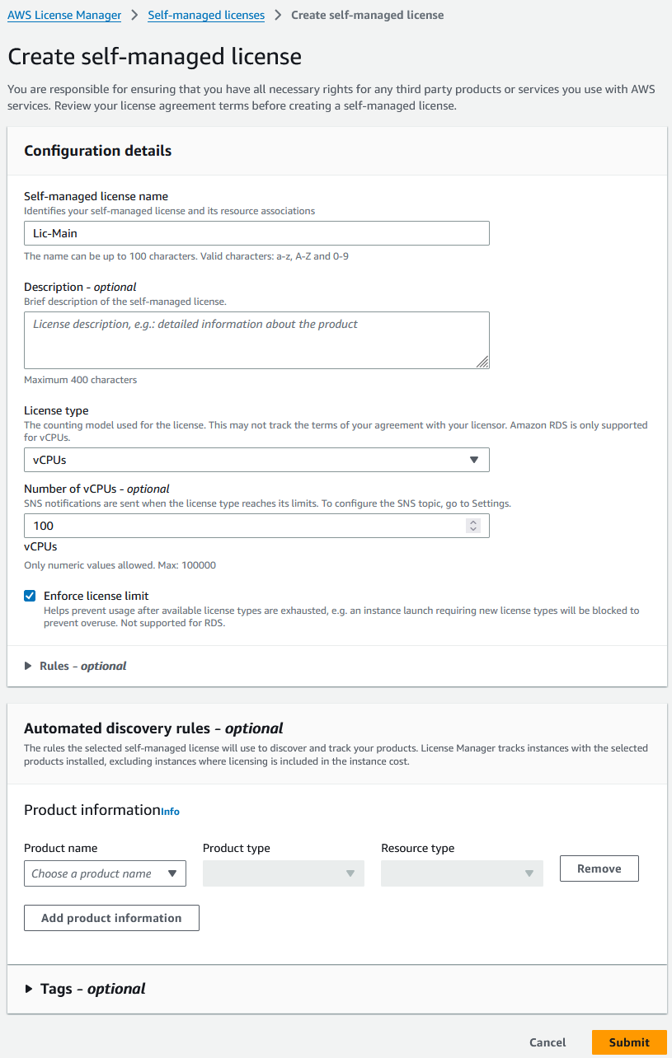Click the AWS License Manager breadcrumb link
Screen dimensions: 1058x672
[x=64, y=15]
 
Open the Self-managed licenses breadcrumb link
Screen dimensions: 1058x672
[x=206, y=15]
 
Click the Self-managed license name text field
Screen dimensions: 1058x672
[x=256, y=233]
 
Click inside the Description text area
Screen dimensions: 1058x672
[x=256, y=339]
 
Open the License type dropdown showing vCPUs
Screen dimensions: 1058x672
[x=256, y=460]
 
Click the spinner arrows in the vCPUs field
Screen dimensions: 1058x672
[x=472, y=526]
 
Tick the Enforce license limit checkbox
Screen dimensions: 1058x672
[x=31, y=596]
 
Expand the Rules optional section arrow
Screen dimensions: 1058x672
[x=29, y=666]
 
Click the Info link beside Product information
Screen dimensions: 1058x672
[x=170, y=812]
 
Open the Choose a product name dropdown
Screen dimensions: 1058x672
[x=105, y=873]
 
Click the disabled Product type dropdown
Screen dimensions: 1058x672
[x=283, y=873]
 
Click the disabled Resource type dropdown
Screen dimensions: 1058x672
[x=462, y=873]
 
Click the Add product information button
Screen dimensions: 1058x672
[x=111, y=918]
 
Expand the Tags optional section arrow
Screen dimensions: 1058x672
[x=30, y=989]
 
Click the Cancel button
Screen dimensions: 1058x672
[x=547, y=1042]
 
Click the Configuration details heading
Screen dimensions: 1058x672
[x=98, y=151]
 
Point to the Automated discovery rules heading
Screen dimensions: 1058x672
[x=153, y=728]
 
